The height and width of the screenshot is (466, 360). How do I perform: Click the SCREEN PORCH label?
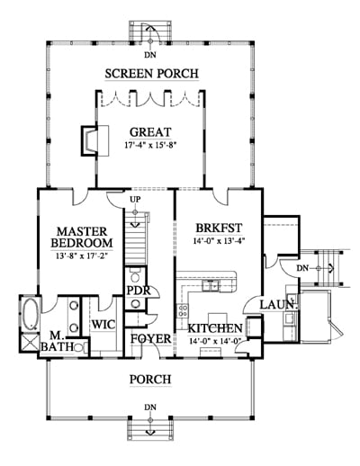coord(151,74)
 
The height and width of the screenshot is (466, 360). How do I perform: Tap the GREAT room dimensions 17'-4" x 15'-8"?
coord(150,145)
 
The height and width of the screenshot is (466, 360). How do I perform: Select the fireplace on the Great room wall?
coord(89,140)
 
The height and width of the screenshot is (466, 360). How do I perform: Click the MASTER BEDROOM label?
coord(82,237)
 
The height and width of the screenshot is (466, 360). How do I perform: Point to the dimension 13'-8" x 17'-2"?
coord(82,256)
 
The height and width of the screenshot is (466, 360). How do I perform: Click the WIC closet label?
coord(103,325)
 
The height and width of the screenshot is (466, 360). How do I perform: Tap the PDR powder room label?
coord(139,291)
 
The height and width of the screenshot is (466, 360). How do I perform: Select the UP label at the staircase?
coord(135,199)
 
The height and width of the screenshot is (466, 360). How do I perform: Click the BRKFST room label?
coord(219,228)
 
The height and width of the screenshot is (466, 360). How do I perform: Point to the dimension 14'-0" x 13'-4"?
coord(219,241)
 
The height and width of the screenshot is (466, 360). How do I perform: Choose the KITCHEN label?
coord(215,328)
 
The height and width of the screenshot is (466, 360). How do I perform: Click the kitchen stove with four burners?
coord(183,310)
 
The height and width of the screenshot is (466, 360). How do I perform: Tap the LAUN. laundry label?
coord(279,305)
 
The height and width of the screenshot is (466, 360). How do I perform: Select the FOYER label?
coord(151,339)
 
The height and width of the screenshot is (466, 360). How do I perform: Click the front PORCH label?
coord(150,380)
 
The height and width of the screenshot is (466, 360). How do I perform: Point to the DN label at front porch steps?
coord(150,408)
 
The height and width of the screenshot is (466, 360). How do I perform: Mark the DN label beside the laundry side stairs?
coord(302,268)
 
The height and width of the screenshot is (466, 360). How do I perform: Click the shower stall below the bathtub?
coord(30,343)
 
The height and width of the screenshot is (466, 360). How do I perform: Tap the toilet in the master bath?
coord(80,348)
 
